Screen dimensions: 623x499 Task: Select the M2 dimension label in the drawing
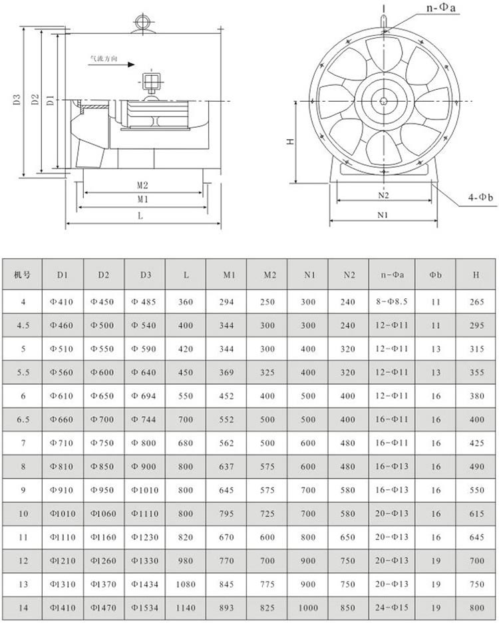[142, 186]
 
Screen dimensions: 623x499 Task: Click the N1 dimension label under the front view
[383, 215]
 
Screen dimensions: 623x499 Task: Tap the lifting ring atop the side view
[142, 21]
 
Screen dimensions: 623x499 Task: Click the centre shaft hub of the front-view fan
[385, 101]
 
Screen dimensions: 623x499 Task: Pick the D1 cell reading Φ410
[62, 302]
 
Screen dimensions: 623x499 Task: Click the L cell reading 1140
[186, 607]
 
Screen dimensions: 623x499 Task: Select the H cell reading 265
[476, 302]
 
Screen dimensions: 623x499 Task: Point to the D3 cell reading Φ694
[144, 396]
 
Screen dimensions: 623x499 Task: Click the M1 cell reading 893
[227, 607]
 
